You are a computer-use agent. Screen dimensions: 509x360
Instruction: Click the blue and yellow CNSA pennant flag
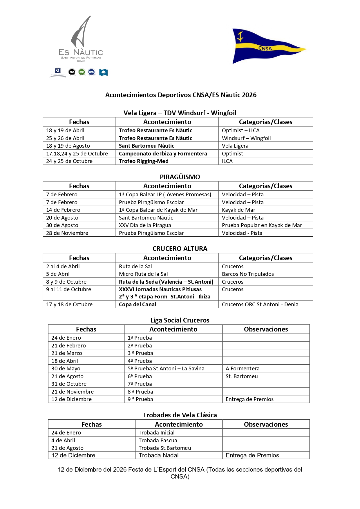[265, 46]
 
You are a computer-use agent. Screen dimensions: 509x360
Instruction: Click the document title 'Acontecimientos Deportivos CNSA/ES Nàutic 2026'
[181, 95]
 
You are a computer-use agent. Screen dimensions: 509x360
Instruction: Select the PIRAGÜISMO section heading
[180, 177]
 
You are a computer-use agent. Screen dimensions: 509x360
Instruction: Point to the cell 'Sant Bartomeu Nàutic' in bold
[146, 146]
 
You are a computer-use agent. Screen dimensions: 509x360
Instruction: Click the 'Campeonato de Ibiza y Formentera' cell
[163, 153]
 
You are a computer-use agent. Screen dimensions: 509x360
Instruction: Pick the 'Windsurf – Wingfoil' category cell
[246, 138]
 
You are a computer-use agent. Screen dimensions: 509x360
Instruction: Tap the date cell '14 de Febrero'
[63, 210]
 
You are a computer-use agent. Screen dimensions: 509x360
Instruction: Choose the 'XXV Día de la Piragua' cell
[145, 225]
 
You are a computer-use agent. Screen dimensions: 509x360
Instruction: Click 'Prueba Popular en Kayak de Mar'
[262, 225]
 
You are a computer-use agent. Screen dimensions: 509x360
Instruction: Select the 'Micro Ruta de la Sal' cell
[143, 274]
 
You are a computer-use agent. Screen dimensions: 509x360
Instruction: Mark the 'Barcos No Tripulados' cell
[248, 274]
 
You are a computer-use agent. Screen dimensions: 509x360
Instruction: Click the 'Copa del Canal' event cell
[138, 304]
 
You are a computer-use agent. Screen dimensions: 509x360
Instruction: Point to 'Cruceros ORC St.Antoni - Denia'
[260, 304]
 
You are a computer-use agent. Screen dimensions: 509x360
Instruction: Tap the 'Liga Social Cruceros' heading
[180, 320]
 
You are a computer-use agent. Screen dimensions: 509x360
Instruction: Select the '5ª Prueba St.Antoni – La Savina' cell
[166, 368]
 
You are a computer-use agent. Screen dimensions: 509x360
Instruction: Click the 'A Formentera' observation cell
[243, 368]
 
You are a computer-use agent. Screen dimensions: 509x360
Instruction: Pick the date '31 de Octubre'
[69, 384]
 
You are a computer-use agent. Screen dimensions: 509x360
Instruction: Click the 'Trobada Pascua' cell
[158, 440]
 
